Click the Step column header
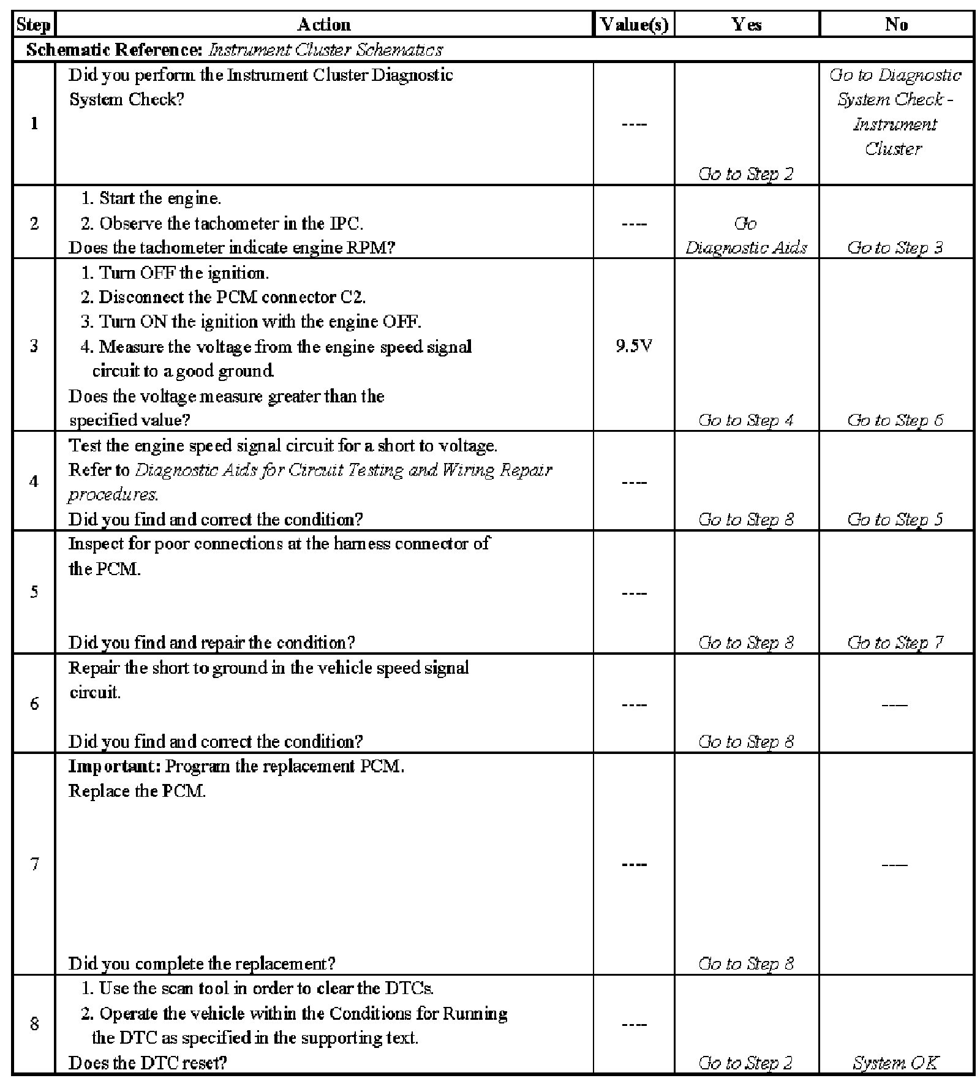[x=34, y=24]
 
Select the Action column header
[x=324, y=24]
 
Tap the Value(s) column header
[x=634, y=24]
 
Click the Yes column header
[x=746, y=24]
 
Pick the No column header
[x=895, y=24]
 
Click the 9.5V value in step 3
[x=634, y=346]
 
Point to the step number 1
[x=34, y=124]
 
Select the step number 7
[x=34, y=864]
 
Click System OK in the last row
[x=895, y=1063]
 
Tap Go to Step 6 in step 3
[x=895, y=420]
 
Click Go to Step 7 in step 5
[x=895, y=642]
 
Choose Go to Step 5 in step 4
[x=895, y=519]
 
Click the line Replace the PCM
[x=137, y=791]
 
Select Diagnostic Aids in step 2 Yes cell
[x=746, y=247]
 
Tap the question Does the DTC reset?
[x=148, y=1063]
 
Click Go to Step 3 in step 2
[x=895, y=247]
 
